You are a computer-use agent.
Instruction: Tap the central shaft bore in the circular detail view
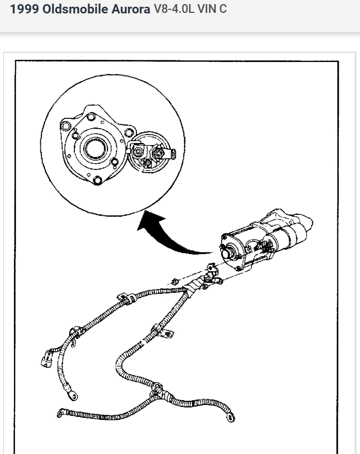95,150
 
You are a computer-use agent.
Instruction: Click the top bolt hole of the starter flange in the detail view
91,117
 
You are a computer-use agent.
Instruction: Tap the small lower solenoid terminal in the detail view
147,163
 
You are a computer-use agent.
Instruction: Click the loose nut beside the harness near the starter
175,281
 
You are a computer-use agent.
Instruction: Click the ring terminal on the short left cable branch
73,396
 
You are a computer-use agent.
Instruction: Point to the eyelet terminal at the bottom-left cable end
60,412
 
